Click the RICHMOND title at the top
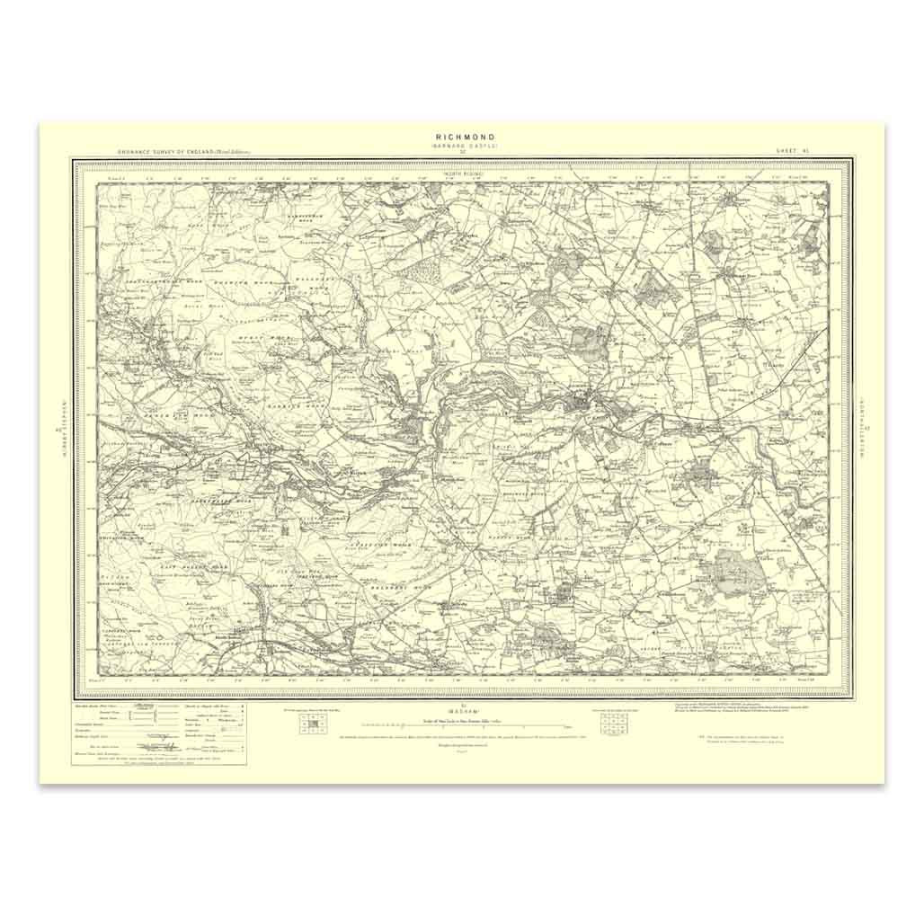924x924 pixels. click(462, 138)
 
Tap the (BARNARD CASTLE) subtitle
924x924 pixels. click(462, 147)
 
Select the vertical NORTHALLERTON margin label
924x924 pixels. click(865, 428)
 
